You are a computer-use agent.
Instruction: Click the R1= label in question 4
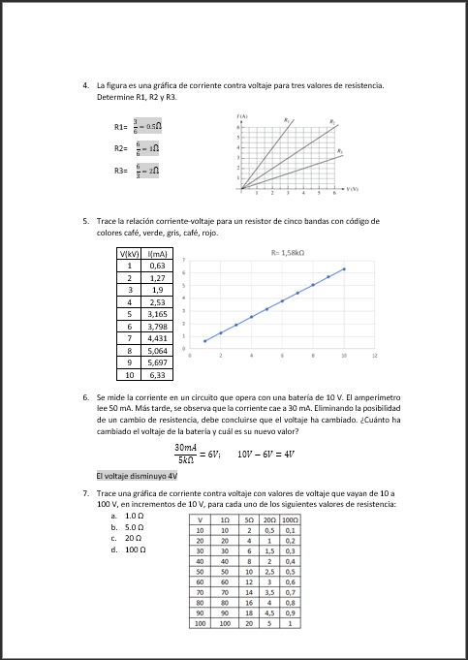click(121, 127)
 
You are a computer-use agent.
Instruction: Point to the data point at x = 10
click(344, 268)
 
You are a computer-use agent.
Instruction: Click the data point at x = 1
click(205, 341)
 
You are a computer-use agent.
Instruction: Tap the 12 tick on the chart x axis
click(374, 358)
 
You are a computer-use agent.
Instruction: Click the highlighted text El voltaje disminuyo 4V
click(137, 476)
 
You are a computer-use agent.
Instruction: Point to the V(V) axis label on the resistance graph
click(353, 189)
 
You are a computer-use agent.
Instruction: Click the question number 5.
click(87, 221)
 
